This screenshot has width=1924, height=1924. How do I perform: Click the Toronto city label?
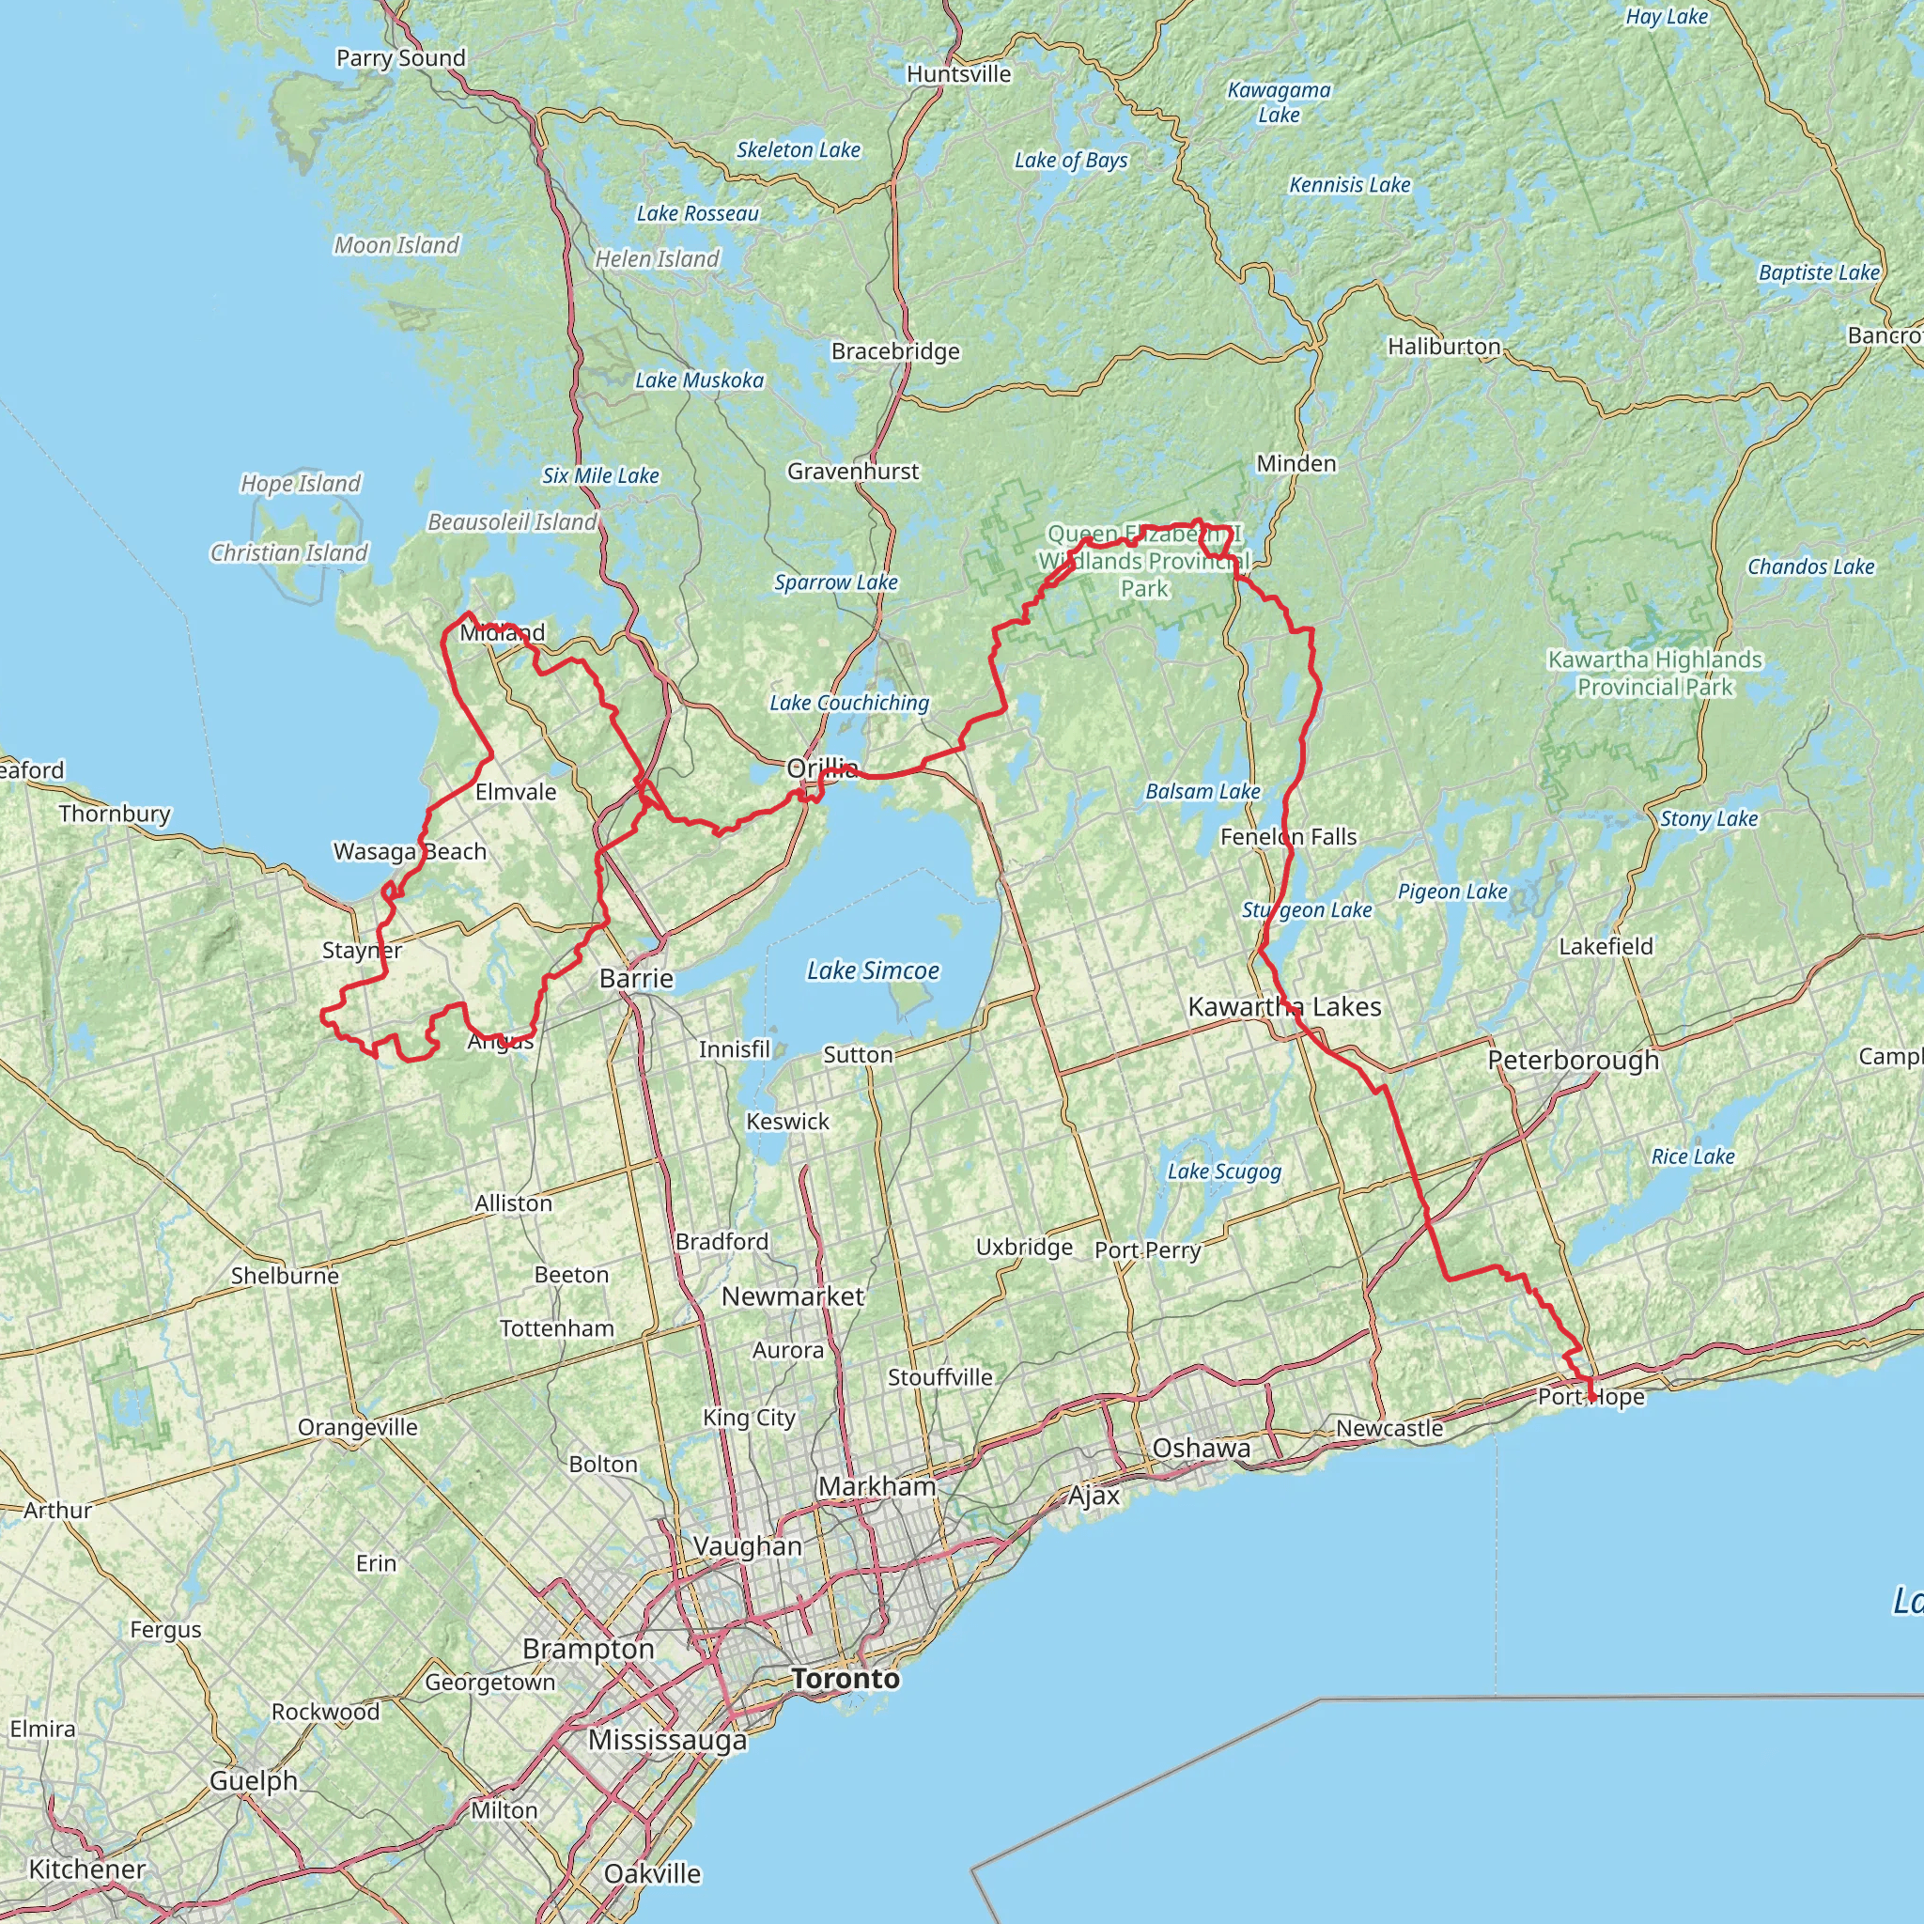coord(846,1679)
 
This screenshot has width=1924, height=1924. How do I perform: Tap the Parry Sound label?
coord(400,57)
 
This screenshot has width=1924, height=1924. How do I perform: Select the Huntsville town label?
coord(958,73)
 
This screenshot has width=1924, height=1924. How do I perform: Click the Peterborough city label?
coord(1573,1060)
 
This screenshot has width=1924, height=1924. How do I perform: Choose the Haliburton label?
coord(1444,346)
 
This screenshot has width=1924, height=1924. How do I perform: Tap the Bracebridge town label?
coord(895,350)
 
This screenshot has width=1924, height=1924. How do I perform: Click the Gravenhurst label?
coord(852,471)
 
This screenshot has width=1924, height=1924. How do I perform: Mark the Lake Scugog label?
coord(1224,1171)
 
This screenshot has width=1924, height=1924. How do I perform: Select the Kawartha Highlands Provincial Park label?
coord(1654,674)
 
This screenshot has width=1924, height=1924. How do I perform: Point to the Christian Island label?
coord(288,552)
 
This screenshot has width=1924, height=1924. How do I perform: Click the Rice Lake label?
coord(1692,1156)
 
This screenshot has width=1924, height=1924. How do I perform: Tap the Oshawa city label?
coord(1201,1448)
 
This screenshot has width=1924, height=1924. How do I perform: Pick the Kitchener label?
coord(86,1869)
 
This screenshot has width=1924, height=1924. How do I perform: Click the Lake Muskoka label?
coord(699,380)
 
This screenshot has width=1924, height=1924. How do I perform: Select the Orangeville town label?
coord(358,1427)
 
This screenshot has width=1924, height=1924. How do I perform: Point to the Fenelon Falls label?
coord(1288,836)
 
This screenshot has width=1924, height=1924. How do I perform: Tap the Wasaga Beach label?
coord(410,851)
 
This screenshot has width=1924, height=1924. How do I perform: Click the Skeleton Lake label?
coord(798,149)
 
